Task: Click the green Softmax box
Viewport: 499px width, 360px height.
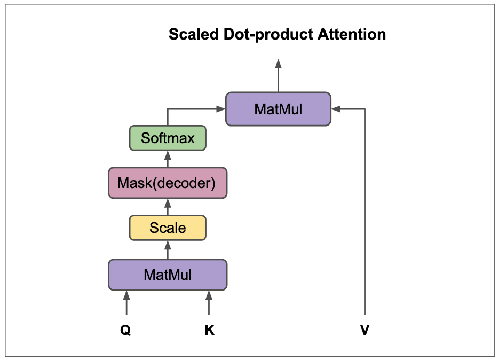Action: coord(168,138)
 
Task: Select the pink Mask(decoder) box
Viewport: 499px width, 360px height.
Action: coord(168,183)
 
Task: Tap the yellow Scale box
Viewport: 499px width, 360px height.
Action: coord(168,228)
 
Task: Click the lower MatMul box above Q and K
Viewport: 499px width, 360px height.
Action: coord(168,275)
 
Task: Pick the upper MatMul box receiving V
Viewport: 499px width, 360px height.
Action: coord(278,109)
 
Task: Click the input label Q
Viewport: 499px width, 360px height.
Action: coord(125,331)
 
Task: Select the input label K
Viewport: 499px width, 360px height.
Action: coord(209,331)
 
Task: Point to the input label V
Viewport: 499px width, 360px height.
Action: coord(365,331)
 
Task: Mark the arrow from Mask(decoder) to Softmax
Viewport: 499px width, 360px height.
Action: coord(168,159)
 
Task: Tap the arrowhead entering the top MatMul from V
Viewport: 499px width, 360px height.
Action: coord(336,109)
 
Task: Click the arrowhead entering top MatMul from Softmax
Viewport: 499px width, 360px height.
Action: coord(220,109)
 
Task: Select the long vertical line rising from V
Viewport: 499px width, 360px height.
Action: coord(365,214)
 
